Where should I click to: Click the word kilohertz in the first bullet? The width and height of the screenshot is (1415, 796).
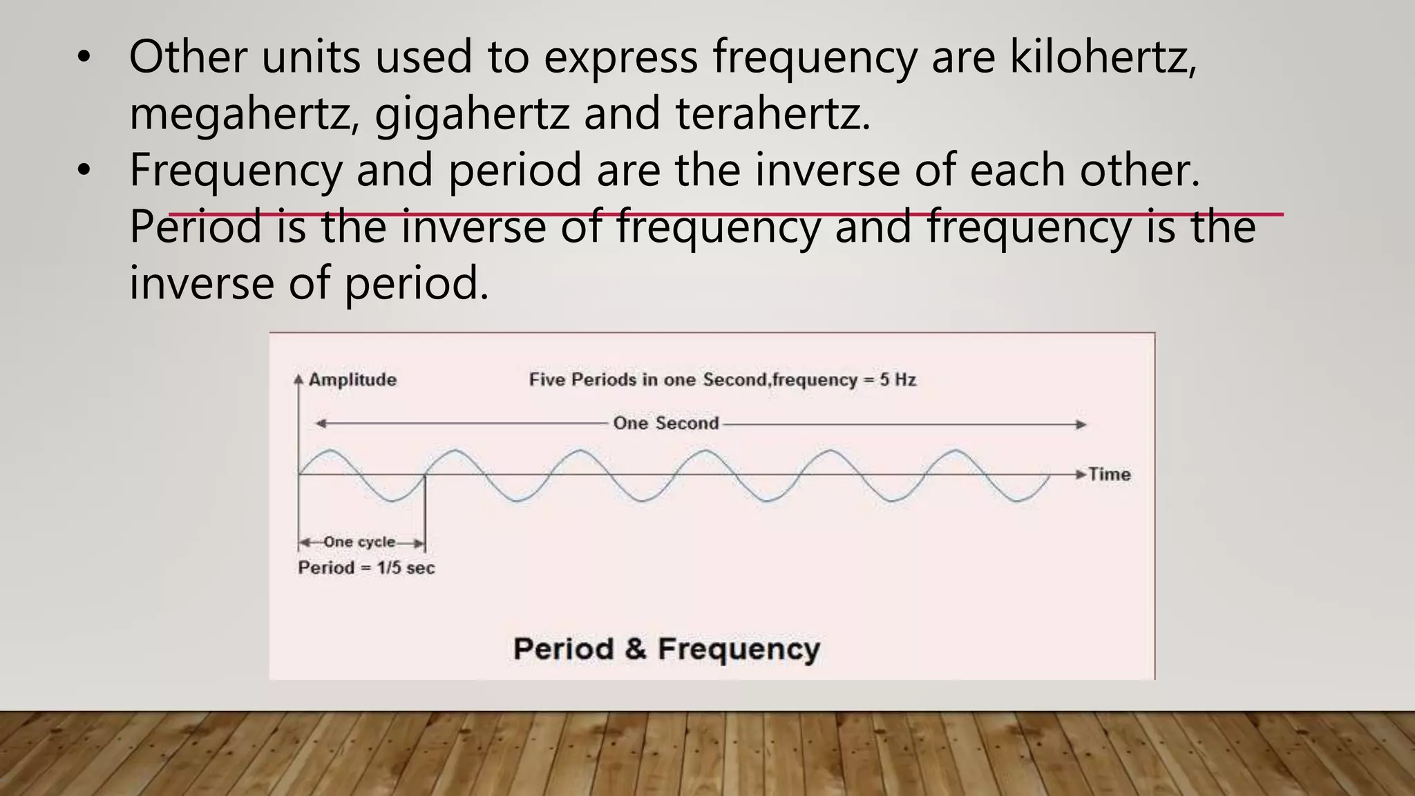[x=1103, y=57]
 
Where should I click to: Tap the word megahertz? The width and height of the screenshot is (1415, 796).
[x=239, y=114]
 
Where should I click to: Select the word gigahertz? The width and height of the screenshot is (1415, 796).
[x=472, y=114]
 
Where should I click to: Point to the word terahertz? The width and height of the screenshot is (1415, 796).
[x=771, y=114]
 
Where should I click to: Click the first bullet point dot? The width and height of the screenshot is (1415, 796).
[x=84, y=59]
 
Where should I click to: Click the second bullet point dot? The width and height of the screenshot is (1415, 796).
[x=84, y=171]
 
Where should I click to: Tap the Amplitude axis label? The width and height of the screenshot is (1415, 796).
[x=352, y=379]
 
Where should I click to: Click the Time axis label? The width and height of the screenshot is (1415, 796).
[x=1109, y=474]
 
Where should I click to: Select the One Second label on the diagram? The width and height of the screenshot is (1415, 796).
[x=666, y=423]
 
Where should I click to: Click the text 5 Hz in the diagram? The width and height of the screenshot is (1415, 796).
[x=898, y=379]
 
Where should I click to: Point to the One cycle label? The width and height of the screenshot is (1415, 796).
[x=359, y=542]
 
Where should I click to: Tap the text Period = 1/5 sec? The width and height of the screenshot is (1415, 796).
[x=366, y=568]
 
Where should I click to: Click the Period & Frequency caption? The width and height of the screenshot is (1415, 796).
[x=666, y=649]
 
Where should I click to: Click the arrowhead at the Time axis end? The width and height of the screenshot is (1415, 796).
[x=1081, y=474]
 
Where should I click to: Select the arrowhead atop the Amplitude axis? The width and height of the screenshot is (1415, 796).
[x=298, y=379]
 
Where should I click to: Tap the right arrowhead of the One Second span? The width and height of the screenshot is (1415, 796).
[x=1081, y=424]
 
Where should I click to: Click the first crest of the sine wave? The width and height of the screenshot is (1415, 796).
[x=330, y=451]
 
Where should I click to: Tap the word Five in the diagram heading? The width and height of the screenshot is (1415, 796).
[x=548, y=379]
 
